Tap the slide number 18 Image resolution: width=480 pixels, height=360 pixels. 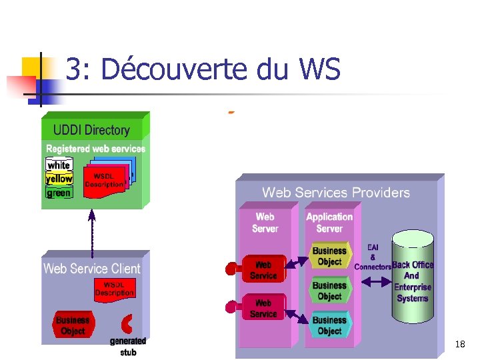460,344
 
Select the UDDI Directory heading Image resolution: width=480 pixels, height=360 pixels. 91,130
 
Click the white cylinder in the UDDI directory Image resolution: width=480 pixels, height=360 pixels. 59,165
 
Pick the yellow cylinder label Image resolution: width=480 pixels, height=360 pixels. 59,179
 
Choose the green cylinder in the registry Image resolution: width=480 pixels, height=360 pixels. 59,193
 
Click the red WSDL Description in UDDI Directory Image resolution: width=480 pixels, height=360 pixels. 103,181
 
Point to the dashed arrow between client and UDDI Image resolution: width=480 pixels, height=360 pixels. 92,233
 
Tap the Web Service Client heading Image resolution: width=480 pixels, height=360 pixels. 92,269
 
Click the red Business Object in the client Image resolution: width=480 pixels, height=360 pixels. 73,325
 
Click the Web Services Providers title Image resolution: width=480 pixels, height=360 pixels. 335,193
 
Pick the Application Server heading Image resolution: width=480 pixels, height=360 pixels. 329,222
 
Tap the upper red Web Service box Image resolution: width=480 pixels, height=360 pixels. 263,270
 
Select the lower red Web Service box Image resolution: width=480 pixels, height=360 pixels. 263,308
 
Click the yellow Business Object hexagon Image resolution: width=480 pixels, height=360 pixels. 329,257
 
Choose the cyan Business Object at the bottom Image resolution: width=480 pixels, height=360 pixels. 329,325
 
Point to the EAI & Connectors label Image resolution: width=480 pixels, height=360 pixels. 372,257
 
